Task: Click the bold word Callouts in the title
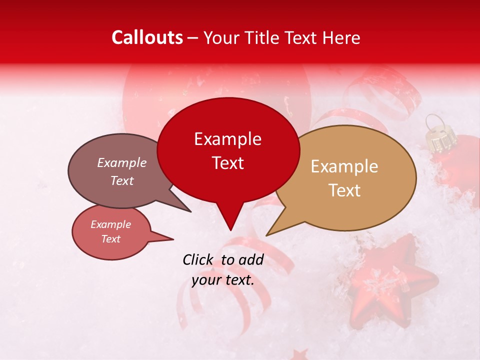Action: pos(147,38)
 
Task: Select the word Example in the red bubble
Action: pos(227,139)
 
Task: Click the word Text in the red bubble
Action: pos(227,163)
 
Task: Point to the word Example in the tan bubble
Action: pos(344,166)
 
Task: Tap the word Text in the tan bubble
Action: pos(344,190)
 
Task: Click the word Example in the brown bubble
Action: pos(122,163)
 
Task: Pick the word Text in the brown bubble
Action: pos(122,180)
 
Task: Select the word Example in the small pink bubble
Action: pos(111,224)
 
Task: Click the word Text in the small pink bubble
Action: pos(111,239)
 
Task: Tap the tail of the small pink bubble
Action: pos(167,238)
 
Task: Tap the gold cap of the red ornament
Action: pos(439,137)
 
